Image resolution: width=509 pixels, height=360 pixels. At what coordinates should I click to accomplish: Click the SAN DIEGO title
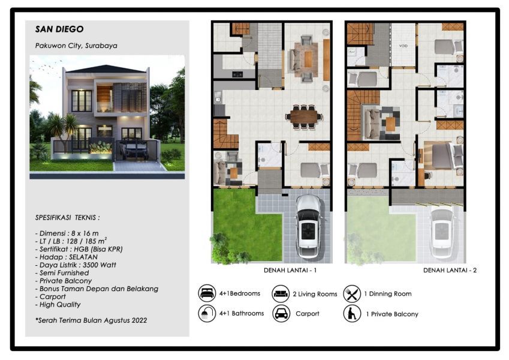(59, 29)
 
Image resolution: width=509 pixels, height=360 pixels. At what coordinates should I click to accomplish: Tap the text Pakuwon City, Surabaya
(76, 46)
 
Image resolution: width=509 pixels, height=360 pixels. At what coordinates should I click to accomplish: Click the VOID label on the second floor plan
(403, 46)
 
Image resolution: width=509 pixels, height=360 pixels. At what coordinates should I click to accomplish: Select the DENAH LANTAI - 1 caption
(290, 271)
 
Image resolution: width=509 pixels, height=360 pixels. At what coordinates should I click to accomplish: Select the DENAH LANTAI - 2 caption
(450, 271)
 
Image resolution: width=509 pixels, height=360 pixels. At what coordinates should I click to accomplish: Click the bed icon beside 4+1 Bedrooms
(207, 293)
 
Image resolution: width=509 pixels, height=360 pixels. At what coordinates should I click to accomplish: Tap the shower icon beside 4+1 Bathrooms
(207, 313)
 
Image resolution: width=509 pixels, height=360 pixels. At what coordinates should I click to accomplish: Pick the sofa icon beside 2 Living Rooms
(281, 293)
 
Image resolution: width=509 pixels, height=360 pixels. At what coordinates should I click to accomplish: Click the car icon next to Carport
(281, 314)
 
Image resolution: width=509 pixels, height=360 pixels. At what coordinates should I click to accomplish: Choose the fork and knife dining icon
(352, 293)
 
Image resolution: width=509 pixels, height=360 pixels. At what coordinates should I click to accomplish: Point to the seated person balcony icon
(352, 314)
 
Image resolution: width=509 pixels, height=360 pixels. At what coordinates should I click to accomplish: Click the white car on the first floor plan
(308, 226)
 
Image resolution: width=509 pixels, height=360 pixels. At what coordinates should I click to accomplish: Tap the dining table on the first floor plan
(304, 116)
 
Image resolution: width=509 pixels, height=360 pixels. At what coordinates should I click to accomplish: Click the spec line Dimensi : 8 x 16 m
(67, 233)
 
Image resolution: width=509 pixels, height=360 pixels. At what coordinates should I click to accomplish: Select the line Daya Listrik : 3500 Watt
(76, 265)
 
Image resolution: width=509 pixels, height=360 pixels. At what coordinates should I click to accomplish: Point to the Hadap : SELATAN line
(66, 257)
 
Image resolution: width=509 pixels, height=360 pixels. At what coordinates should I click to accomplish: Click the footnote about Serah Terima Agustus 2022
(91, 320)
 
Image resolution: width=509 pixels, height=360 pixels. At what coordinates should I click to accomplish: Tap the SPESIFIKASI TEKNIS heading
(68, 218)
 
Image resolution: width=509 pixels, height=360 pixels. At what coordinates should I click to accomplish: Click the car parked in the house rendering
(134, 150)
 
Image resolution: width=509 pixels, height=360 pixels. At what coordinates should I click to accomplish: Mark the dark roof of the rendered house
(107, 69)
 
